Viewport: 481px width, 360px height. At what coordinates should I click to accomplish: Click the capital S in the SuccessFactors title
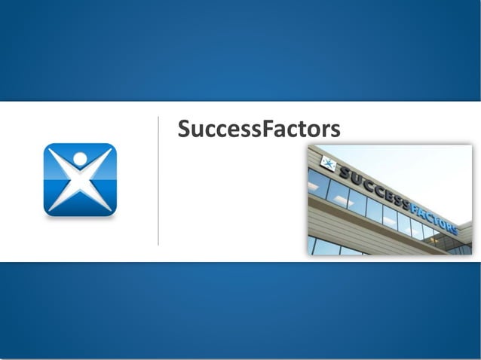point(185,129)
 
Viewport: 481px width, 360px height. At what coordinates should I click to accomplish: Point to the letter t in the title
point(301,130)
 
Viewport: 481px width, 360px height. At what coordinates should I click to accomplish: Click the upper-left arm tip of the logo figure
point(51,151)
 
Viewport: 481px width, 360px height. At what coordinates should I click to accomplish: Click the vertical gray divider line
point(158,181)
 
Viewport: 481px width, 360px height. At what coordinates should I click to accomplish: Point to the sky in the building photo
point(422,169)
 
